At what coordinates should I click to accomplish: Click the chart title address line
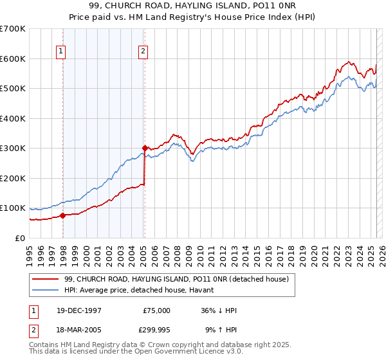click(193, 5)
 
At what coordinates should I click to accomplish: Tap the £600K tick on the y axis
click(13, 59)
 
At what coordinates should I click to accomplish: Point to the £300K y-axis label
click(13, 148)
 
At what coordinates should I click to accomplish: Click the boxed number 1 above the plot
click(60, 52)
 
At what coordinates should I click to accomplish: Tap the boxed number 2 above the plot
click(142, 52)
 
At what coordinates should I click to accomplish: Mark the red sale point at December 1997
click(62, 215)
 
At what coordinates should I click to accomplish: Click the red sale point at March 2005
click(145, 148)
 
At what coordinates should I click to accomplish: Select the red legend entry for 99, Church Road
click(180, 279)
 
